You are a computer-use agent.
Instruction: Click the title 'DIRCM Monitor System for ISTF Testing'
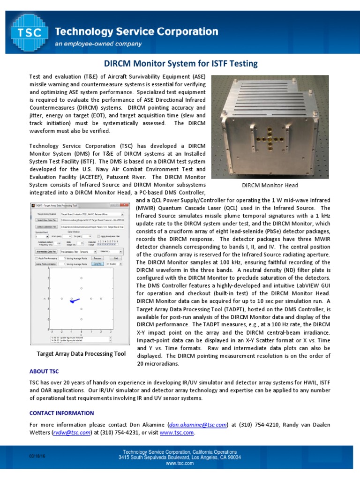(x=180, y=63)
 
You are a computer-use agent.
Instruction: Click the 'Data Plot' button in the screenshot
(x=97, y=264)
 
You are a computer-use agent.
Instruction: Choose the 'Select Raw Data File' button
(x=47, y=220)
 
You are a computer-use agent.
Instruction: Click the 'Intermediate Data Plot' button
(x=47, y=252)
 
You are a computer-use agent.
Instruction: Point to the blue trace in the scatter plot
(x=75, y=300)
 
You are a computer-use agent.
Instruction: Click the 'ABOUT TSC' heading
(x=44, y=371)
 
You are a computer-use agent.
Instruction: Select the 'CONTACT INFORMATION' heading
(x=61, y=413)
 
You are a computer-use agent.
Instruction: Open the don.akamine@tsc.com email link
(x=198, y=425)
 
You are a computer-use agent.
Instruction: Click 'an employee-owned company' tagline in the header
(x=98, y=44)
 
